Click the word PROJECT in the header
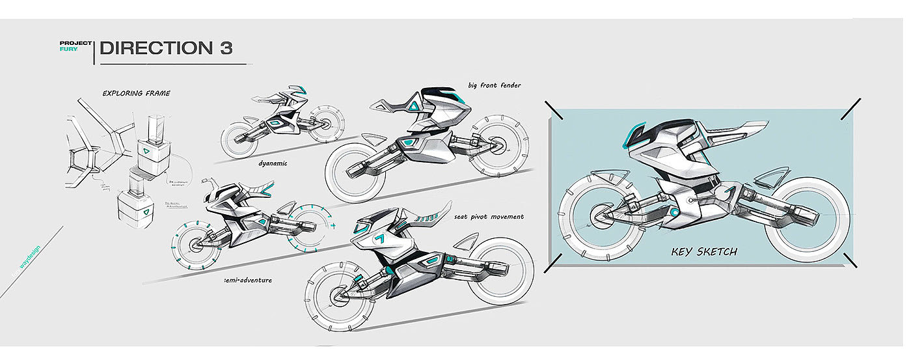[74, 43]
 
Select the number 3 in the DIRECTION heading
[226, 48]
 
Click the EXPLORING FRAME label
[136, 93]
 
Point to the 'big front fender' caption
[494, 85]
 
